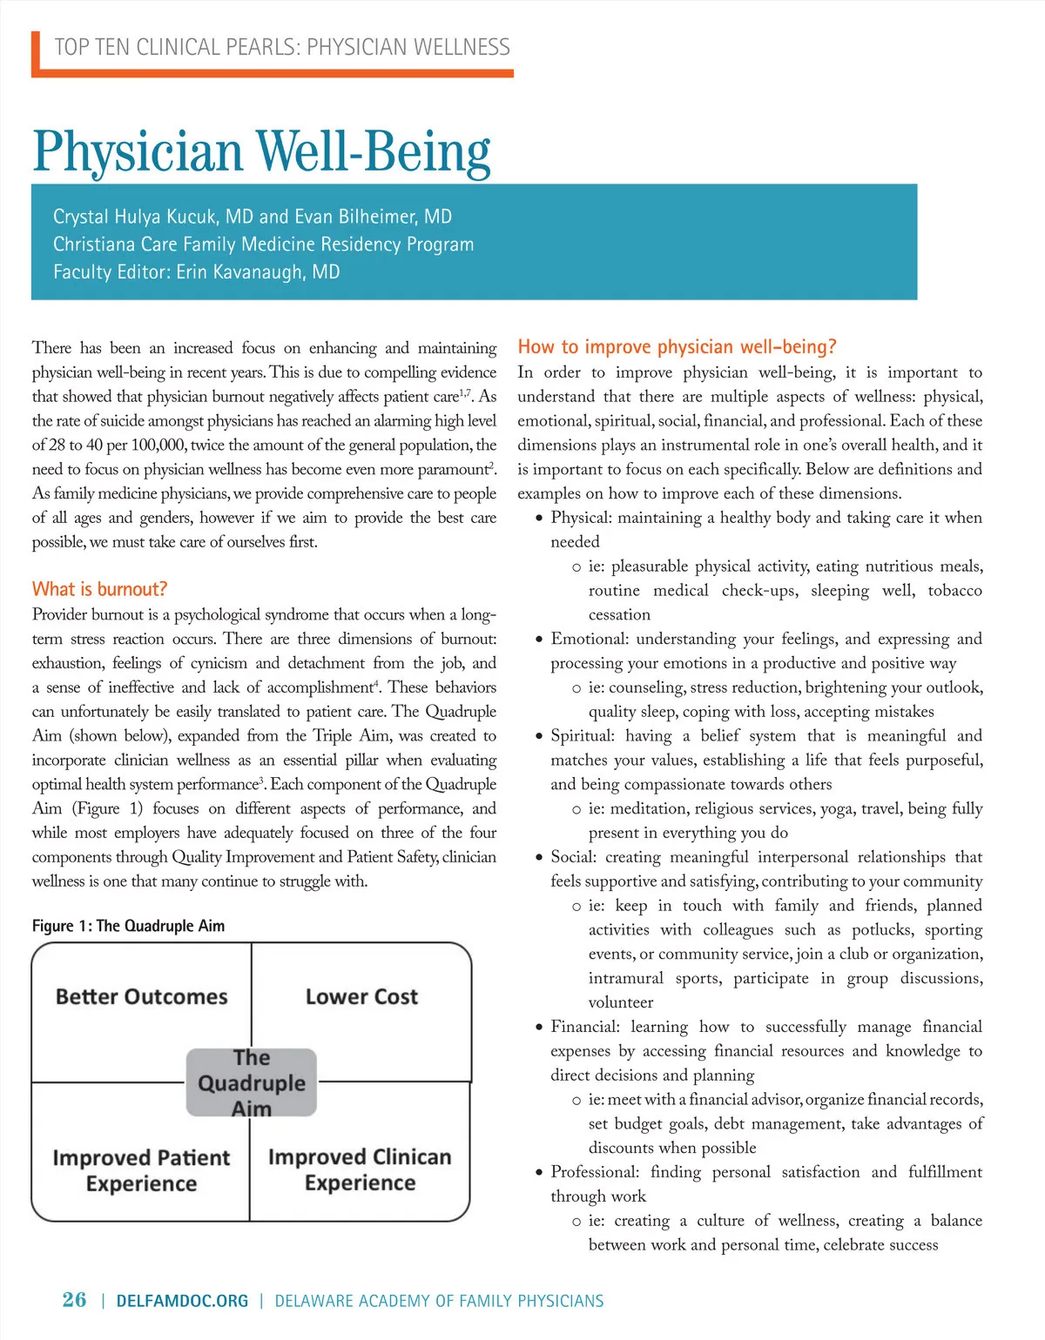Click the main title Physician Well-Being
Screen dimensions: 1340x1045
(x=261, y=151)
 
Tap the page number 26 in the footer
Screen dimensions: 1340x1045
(x=74, y=1300)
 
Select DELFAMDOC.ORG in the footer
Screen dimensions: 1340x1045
(x=182, y=1301)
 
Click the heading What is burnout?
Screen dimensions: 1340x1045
(x=99, y=589)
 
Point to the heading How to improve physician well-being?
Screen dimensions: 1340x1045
(x=677, y=347)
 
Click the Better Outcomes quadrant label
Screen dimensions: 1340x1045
(x=141, y=996)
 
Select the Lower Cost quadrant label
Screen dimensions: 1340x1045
(x=361, y=996)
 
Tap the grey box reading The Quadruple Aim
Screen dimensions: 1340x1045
(x=251, y=1082)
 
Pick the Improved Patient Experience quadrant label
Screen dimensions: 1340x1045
(x=141, y=1170)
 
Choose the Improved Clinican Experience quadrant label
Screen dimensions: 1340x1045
(x=360, y=1169)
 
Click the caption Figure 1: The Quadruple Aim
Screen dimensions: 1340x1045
(x=128, y=926)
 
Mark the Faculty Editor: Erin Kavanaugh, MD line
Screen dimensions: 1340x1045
(x=196, y=271)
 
